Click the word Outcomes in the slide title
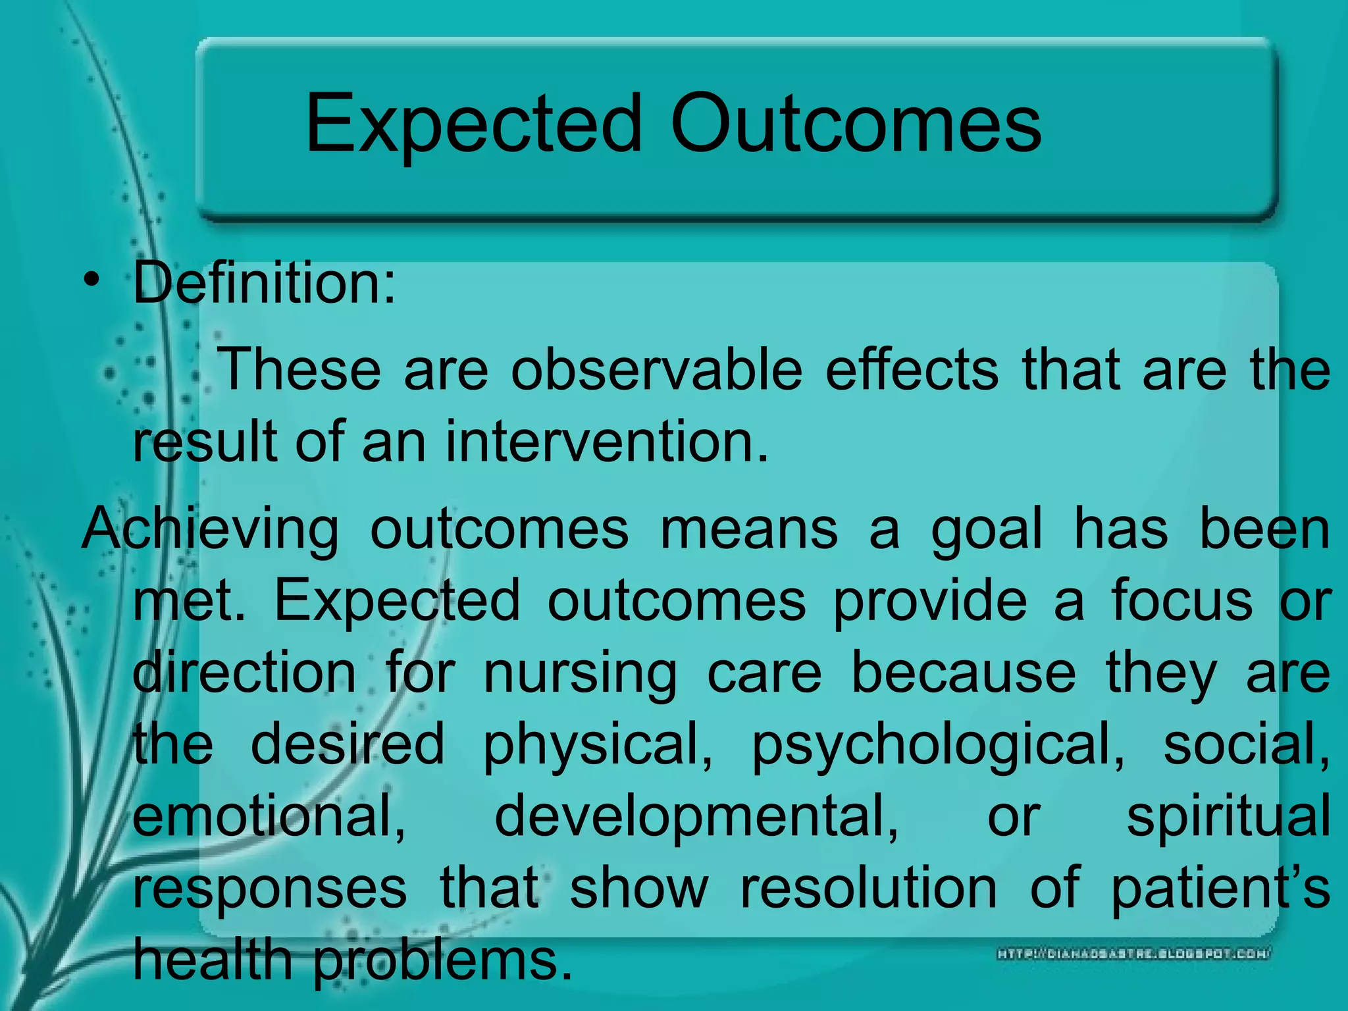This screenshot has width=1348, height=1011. click(856, 123)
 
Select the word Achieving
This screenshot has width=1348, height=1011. click(210, 530)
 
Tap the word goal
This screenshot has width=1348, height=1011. click(987, 530)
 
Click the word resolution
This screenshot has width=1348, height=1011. click(869, 889)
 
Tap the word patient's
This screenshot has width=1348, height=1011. click(1221, 889)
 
